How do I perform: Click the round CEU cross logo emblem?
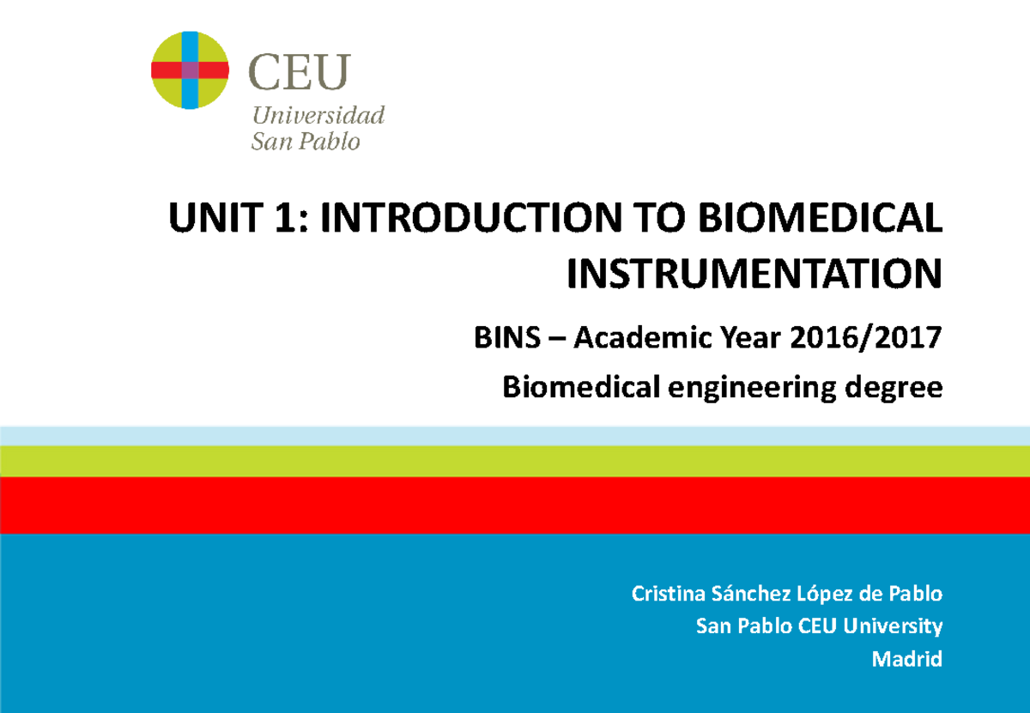tap(190, 70)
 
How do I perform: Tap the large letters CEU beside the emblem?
tap(300, 71)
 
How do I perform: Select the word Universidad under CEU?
tap(318, 115)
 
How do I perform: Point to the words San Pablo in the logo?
tap(306, 142)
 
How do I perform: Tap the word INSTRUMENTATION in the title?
tap(754, 274)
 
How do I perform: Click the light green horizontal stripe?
tap(515, 461)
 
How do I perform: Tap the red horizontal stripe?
tap(515, 505)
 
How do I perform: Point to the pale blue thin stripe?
tap(515, 435)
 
